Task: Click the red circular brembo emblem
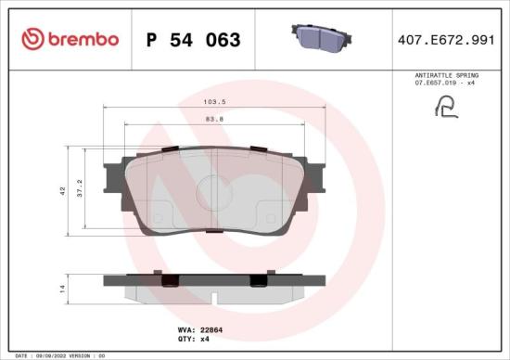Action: click(32, 40)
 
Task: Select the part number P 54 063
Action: click(193, 40)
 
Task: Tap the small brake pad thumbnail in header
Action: click(320, 37)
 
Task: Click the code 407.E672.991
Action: click(445, 40)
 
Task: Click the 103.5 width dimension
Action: click(215, 104)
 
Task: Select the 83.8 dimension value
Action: click(215, 118)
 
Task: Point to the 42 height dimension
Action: click(62, 190)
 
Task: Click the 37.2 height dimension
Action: click(80, 188)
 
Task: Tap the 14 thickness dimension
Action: click(62, 289)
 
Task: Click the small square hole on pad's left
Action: click(157, 219)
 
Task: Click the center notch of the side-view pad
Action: click(214, 299)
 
